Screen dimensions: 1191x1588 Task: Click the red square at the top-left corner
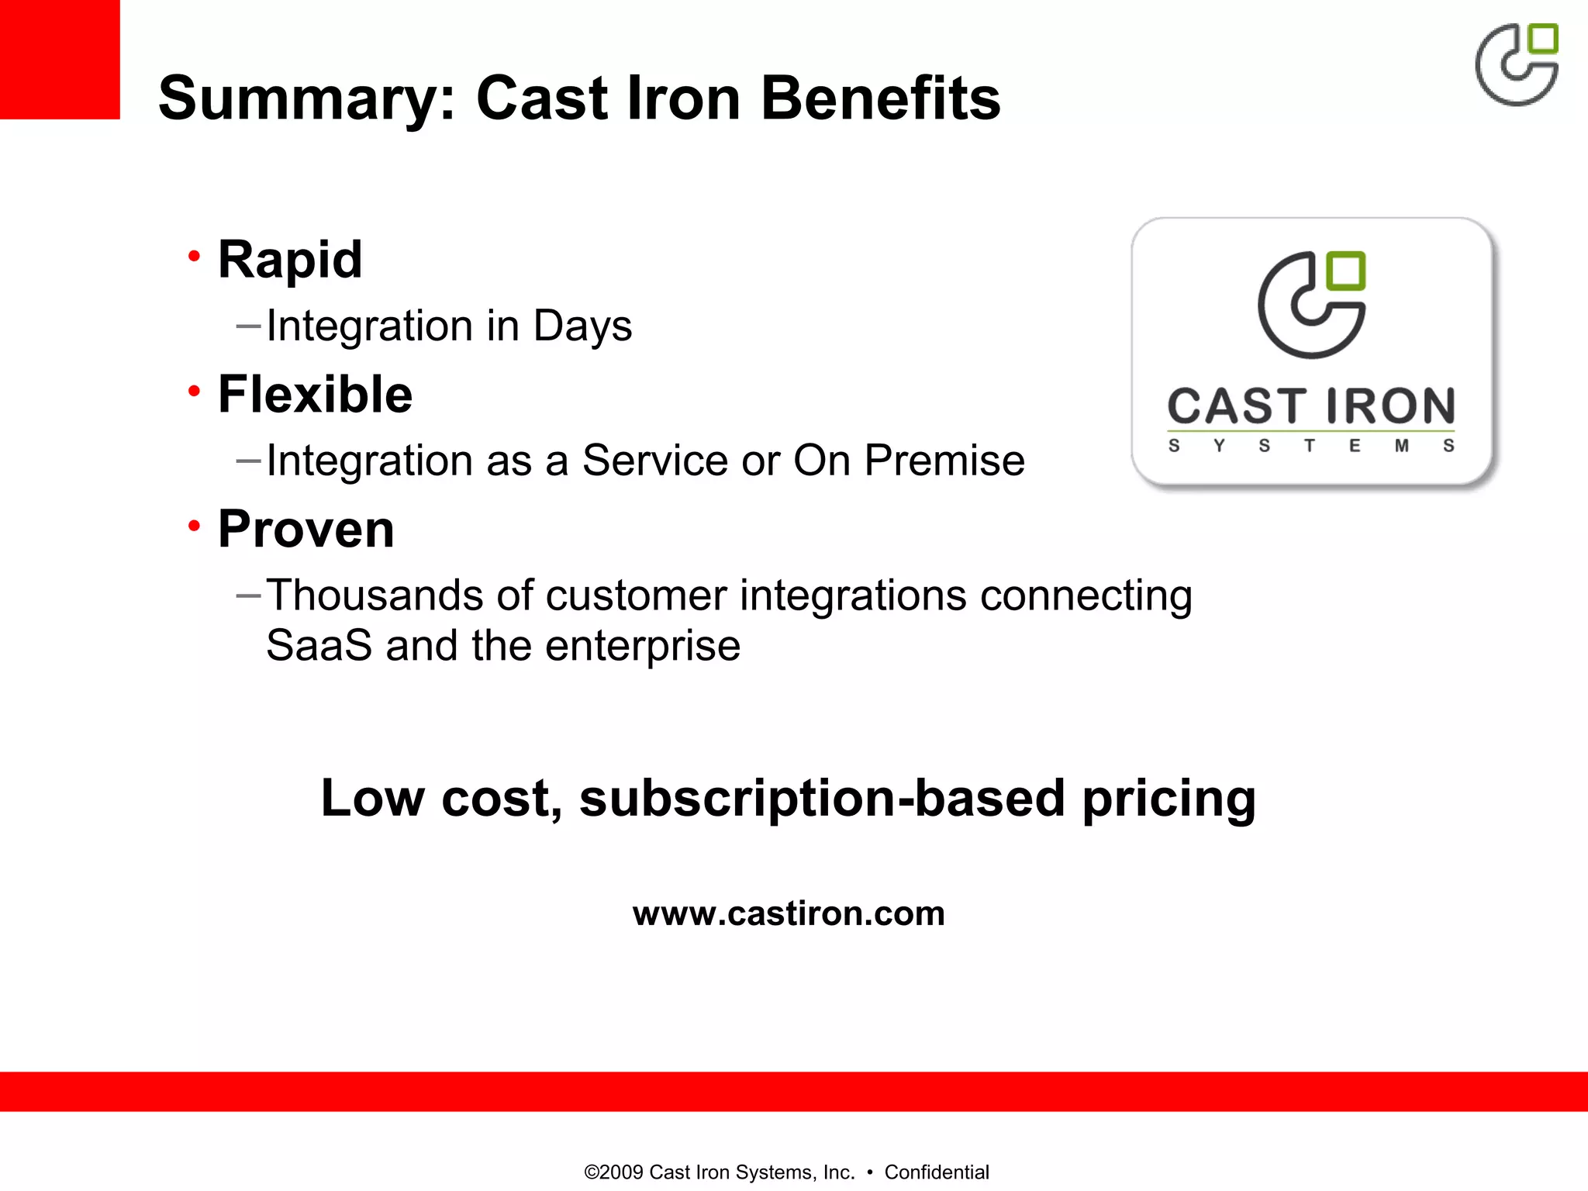(59, 59)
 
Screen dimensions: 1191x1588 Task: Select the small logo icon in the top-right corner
(1517, 64)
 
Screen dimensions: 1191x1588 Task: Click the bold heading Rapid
(290, 259)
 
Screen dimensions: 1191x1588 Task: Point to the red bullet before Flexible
(194, 391)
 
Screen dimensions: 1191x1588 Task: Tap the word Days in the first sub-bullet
(582, 326)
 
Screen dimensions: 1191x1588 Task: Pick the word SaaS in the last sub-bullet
(319, 646)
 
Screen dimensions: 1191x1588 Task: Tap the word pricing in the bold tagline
(1169, 799)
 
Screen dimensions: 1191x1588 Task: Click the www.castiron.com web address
(789, 913)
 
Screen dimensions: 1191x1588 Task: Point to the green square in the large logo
(1345, 271)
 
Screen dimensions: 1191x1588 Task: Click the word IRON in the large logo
(1390, 406)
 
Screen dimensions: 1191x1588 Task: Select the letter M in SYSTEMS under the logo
(1402, 446)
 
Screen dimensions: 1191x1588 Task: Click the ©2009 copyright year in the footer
(613, 1172)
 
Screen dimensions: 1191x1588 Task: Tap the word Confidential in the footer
(937, 1172)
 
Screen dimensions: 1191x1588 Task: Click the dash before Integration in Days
(248, 326)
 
